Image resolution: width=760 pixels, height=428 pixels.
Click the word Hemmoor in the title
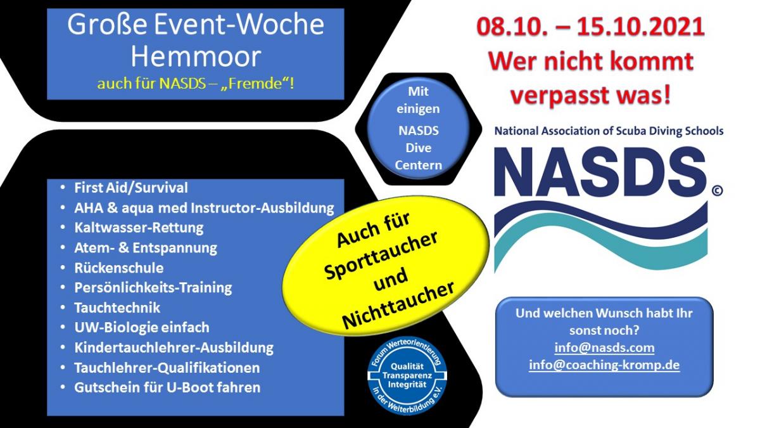pyautogui.click(x=196, y=56)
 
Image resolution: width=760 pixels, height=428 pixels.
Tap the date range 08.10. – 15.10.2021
pyautogui.click(x=590, y=27)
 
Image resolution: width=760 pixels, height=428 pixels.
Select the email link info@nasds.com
pyautogui.click(x=604, y=347)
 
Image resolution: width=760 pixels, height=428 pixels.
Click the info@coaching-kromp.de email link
pyautogui.click(x=604, y=365)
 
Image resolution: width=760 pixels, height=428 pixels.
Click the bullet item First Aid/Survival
pyautogui.click(x=131, y=188)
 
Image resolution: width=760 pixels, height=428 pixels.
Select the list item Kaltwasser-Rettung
pyautogui.click(x=139, y=228)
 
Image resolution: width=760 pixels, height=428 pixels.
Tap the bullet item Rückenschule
pyautogui.click(x=119, y=268)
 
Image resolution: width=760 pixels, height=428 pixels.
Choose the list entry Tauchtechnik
pyautogui.click(x=117, y=308)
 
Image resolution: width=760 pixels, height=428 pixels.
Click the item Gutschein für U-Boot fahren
pyautogui.click(x=167, y=387)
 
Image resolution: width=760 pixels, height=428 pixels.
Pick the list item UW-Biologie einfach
pyautogui.click(x=142, y=327)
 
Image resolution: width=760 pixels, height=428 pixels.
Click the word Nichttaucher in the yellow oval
pyautogui.click(x=398, y=306)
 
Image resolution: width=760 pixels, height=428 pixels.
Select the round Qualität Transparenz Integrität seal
pyautogui.click(x=407, y=375)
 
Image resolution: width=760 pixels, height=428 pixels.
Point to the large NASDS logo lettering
pyautogui.click(x=600, y=172)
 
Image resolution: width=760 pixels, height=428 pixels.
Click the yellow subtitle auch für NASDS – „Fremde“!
pyautogui.click(x=196, y=84)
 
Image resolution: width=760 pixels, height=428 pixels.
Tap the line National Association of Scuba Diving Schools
pyautogui.click(x=609, y=131)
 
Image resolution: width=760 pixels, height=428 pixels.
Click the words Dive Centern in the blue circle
pyautogui.click(x=419, y=157)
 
